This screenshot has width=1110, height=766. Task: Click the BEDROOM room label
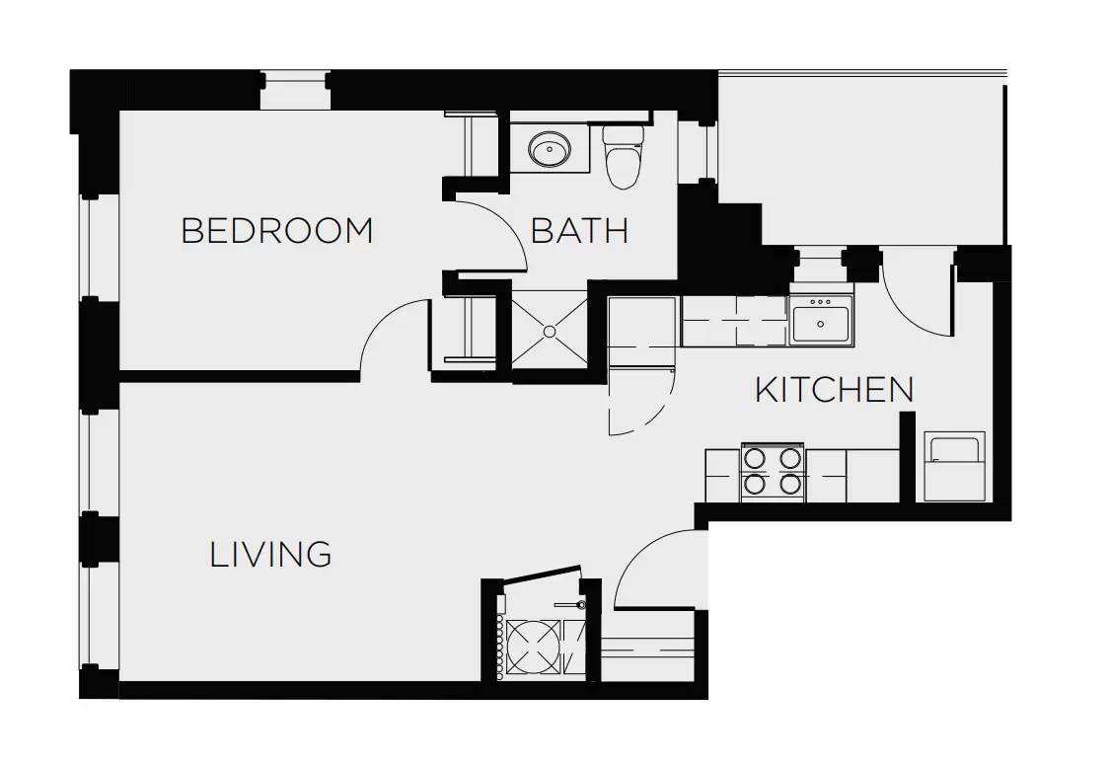[x=277, y=231]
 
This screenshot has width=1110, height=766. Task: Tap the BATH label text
[x=579, y=231]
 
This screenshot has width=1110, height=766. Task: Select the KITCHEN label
[x=834, y=390]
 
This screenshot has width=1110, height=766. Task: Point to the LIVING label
[x=270, y=554]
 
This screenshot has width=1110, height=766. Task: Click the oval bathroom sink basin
[x=550, y=149]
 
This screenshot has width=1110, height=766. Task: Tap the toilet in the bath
[x=623, y=156]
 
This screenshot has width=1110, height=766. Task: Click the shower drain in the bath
[x=550, y=331]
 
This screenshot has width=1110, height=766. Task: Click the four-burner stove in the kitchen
[x=773, y=472]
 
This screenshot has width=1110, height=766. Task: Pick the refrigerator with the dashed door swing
[x=640, y=332]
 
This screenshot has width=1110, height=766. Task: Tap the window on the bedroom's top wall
[x=295, y=90]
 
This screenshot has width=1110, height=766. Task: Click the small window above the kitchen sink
[x=821, y=266]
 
